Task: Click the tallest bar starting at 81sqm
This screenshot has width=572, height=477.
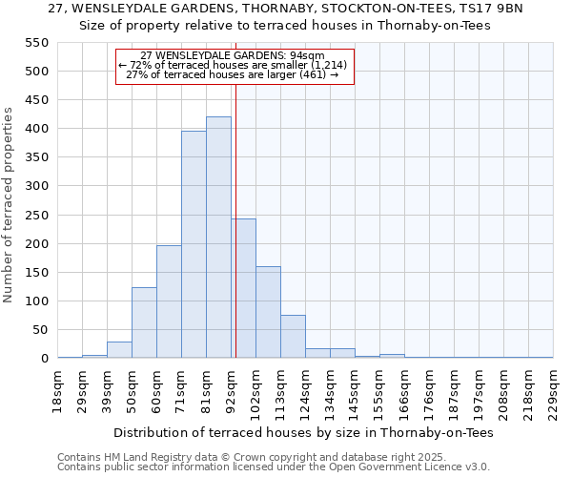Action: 218,238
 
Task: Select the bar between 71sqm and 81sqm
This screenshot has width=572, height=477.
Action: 194,245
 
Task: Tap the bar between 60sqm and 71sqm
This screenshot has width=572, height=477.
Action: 169,301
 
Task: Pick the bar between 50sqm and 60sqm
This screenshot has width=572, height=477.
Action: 144,322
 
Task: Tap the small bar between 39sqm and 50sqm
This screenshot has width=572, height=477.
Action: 119,350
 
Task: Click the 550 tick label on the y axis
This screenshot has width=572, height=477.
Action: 35,43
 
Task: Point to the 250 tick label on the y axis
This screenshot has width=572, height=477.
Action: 35,216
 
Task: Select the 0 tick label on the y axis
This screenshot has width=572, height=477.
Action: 44,359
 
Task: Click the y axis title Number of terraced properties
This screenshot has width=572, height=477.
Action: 10,205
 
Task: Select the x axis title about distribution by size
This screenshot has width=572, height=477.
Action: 306,433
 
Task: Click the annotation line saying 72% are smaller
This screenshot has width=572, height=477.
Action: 233,65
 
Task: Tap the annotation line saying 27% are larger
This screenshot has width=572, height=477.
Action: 233,74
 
